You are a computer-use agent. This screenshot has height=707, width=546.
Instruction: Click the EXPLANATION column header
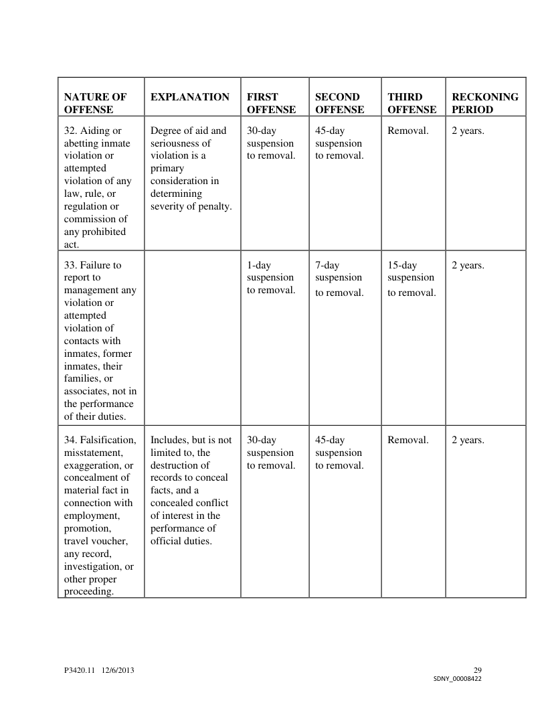tap(190, 97)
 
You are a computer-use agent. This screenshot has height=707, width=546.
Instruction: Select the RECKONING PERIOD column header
tap(485, 103)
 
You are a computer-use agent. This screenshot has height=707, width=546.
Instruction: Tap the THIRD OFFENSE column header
tap(412, 103)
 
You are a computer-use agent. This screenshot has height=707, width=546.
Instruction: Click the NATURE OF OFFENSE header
tap(95, 103)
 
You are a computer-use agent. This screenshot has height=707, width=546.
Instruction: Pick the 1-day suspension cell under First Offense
tap(271, 277)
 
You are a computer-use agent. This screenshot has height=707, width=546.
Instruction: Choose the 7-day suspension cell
tap(339, 278)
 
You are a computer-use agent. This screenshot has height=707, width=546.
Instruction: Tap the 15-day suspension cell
tap(412, 278)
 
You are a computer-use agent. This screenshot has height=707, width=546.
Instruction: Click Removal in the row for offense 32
tap(408, 131)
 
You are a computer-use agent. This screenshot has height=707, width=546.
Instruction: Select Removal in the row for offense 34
tap(408, 440)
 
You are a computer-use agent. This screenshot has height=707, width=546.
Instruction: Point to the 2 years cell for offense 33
tap(468, 265)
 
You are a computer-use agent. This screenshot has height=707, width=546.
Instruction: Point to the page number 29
tap(477, 670)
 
